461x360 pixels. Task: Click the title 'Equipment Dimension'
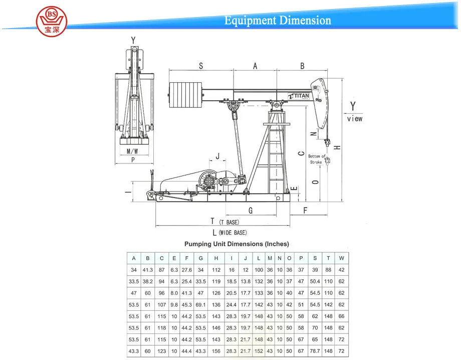coord(277,21)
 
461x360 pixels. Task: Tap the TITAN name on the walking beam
coord(300,95)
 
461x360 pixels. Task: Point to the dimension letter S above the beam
coord(201,66)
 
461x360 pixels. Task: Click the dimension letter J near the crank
coord(217,156)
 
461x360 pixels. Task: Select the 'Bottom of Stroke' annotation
coord(317,159)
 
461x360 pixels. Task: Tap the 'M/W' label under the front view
coord(132,151)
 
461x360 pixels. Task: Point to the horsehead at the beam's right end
coord(321,103)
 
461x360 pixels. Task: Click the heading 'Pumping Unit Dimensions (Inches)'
coord(237,244)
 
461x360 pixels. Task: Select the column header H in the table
coord(216,259)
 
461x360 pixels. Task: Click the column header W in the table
coord(341,259)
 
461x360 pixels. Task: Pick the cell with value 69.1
coord(200,304)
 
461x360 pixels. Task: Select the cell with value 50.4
coord(315,282)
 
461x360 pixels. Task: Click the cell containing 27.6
coord(187,270)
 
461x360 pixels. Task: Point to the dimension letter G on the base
coord(250,210)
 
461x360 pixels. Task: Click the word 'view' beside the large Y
coord(354,119)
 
